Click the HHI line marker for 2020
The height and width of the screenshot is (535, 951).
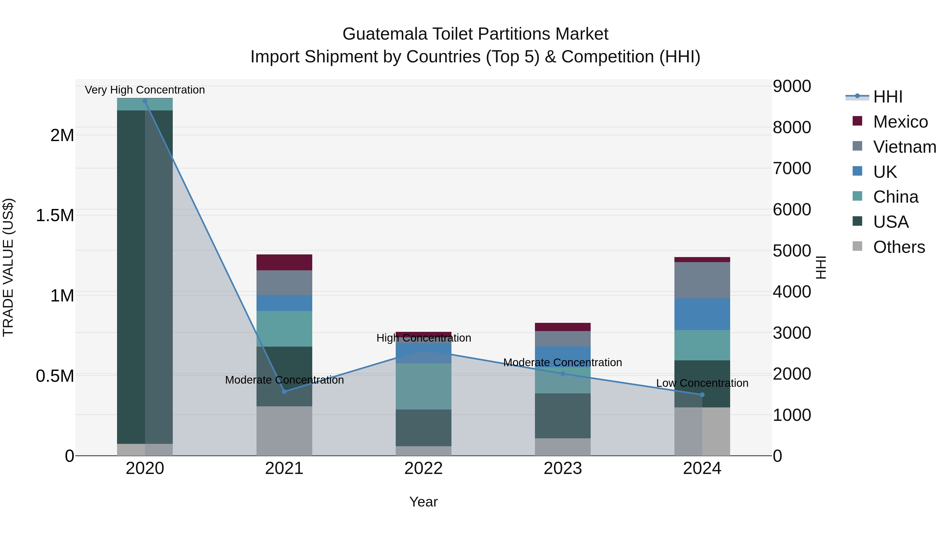(x=145, y=101)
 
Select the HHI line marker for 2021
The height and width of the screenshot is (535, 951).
(x=284, y=392)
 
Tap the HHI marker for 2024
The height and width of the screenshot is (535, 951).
(x=702, y=395)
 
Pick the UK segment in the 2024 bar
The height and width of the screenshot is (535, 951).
(x=702, y=314)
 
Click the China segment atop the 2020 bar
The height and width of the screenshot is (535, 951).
(x=145, y=104)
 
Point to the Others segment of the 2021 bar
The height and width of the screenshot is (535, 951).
(x=284, y=431)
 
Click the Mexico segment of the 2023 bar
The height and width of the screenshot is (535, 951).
(x=563, y=327)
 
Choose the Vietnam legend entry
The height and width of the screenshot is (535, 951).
(x=904, y=147)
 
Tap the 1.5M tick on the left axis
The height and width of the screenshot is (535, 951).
(x=55, y=216)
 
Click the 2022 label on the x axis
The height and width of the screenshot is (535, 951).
(x=423, y=468)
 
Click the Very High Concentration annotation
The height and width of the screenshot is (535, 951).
(x=145, y=90)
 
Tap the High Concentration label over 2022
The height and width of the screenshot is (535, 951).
(x=423, y=338)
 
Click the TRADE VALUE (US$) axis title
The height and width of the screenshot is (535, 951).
(x=8, y=267)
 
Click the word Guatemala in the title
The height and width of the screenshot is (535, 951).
(x=385, y=34)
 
